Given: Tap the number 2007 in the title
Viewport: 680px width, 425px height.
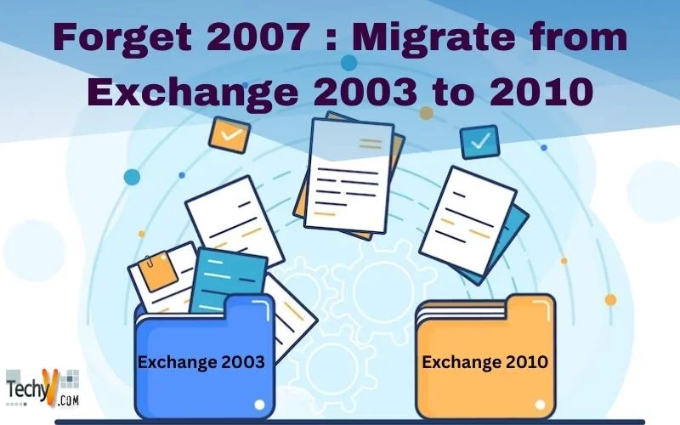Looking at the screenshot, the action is (x=258, y=37).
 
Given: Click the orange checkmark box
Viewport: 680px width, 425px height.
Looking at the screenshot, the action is (x=229, y=134).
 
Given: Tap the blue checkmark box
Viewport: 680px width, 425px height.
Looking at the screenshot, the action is (x=479, y=141).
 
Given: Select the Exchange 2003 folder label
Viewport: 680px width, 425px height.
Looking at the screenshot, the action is (x=201, y=362).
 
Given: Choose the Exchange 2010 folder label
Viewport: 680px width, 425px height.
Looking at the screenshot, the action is (x=484, y=362).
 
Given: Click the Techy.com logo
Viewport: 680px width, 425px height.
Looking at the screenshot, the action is (x=42, y=388).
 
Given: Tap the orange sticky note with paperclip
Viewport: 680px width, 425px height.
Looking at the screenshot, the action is (x=158, y=271).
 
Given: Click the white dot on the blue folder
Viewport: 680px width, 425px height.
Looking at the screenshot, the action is (x=259, y=405).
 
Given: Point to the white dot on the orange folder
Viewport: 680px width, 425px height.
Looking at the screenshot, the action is (x=540, y=405).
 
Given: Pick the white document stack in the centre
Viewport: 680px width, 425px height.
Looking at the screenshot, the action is (x=348, y=175).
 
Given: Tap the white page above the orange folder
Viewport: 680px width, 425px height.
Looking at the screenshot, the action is (x=467, y=220).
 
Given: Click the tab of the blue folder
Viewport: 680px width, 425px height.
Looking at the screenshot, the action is (x=250, y=307).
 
